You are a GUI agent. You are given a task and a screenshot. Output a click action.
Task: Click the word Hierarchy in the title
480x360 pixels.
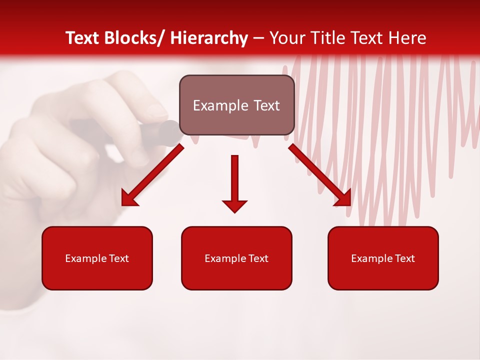[x=208, y=38]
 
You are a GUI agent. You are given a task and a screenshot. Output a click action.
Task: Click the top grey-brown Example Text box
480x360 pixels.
[x=236, y=105]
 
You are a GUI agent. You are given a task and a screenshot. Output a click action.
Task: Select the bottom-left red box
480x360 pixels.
[x=97, y=258]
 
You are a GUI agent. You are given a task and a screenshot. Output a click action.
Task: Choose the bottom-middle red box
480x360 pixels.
[x=236, y=258]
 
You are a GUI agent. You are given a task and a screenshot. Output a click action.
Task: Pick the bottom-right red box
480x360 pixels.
[x=383, y=258]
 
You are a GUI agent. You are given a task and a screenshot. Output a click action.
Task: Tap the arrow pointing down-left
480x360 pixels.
[x=153, y=175]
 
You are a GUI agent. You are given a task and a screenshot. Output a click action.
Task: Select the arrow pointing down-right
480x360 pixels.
[x=319, y=175]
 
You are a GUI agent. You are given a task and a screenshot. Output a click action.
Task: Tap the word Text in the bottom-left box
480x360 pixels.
[x=118, y=258]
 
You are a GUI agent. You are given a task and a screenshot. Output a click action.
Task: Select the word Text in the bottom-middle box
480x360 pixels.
[x=258, y=258]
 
